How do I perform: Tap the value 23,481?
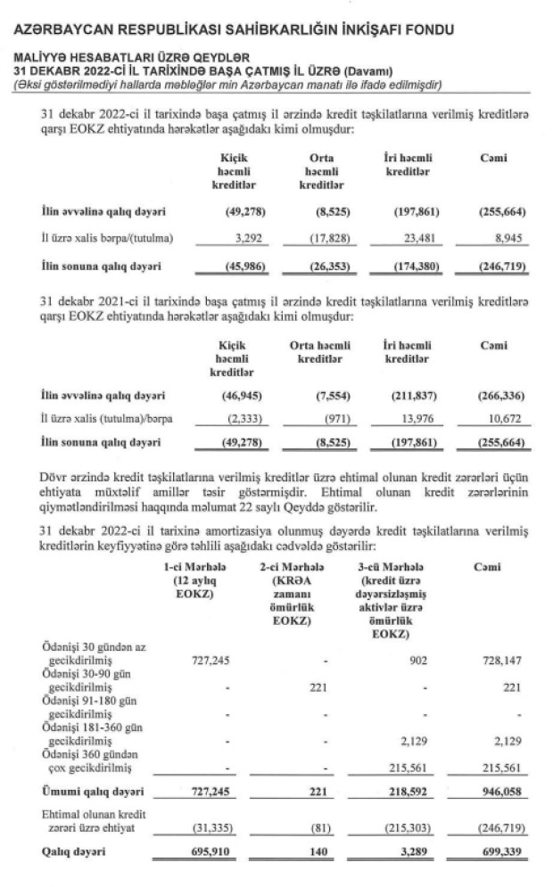point(407,238)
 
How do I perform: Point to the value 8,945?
point(506,238)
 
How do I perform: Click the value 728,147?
point(500,661)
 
